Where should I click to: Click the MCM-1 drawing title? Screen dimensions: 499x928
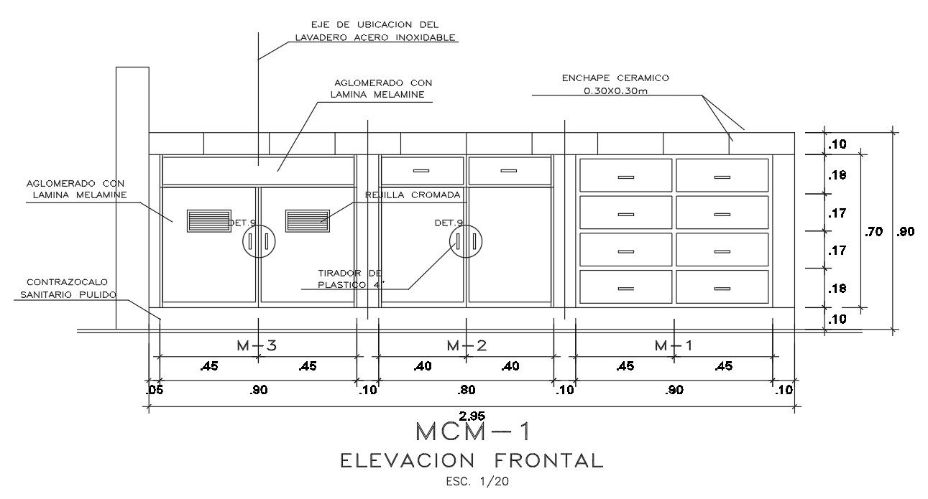pos(472,432)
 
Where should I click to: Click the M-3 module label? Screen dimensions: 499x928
pos(257,345)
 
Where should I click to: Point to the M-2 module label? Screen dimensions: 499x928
pos(467,345)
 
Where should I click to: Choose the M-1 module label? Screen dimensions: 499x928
pos(674,345)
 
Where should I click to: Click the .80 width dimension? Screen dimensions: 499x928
pos(467,391)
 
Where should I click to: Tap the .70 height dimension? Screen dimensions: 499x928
pos(874,232)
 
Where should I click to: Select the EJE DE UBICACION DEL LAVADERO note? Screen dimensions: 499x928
pos(375,32)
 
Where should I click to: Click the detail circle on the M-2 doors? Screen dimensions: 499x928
pos(466,241)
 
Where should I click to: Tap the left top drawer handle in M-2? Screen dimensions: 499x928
pos(422,170)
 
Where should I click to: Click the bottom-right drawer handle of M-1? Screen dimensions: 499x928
pos(722,288)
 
